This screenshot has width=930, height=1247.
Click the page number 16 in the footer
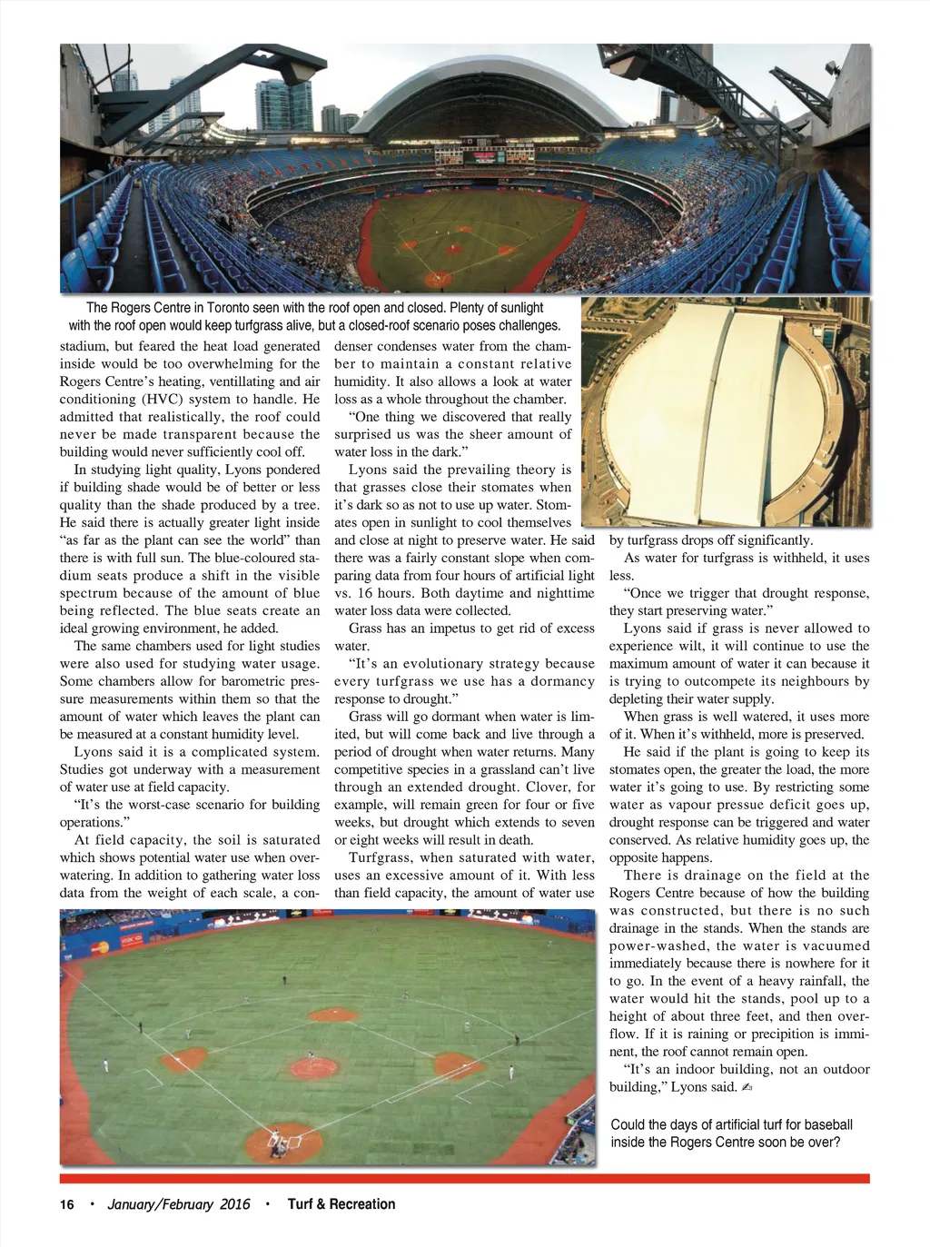coord(67,1204)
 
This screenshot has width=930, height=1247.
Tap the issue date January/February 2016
coord(179,1204)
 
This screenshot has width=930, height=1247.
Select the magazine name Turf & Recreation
coord(341,1204)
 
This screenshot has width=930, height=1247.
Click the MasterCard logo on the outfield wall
coord(99,947)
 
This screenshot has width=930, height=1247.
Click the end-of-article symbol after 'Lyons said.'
coord(746,1088)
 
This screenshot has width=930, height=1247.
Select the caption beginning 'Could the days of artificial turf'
coord(731,1133)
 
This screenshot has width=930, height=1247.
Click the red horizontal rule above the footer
coord(464,1179)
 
